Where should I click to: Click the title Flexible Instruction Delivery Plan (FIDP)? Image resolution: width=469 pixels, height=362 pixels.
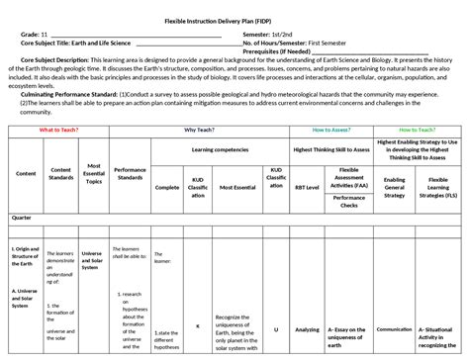(x=234, y=21)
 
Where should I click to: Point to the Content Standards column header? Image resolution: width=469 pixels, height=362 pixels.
(x=61, y=173)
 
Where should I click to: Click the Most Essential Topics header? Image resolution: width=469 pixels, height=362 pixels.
(x=95, y=173)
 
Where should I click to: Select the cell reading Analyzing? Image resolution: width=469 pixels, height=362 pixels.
(x=308, y=329)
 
